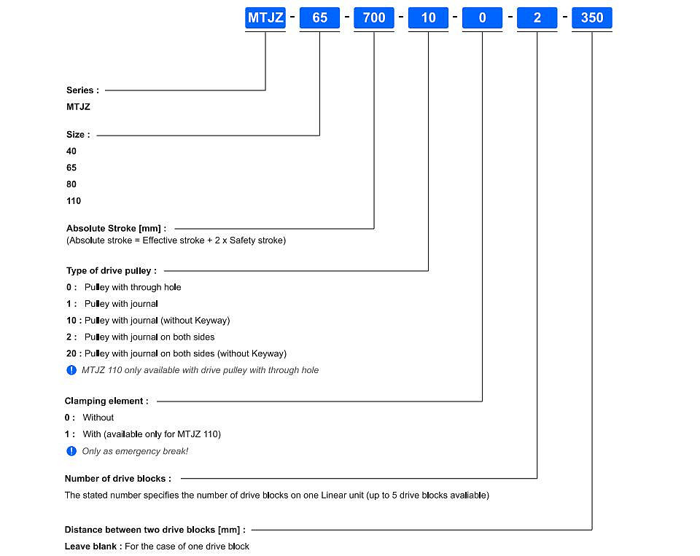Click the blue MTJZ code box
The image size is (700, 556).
[x=265, y=17]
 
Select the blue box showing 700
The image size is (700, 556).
[x=374, y=17]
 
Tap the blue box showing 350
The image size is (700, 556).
[x=592, y=17]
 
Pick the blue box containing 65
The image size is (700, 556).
[x=319, y=17]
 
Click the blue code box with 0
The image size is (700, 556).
[x=482, y=17]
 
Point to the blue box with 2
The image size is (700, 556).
[x=537, y=17]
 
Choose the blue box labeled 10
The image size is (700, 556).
[x=428, y=17]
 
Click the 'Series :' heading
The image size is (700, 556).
[x=82, y=90]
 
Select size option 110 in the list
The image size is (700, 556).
[x=74, y=201]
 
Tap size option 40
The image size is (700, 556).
[x=71, y=152]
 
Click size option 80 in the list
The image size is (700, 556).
[x=71, y=184]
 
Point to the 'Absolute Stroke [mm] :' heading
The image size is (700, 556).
[x=116, y=229]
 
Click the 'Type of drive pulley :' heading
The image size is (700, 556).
[x=112, y=271]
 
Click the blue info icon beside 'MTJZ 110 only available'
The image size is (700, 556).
[x=71, y=370]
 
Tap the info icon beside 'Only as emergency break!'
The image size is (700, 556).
[x=71, y=451]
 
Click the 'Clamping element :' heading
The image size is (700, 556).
[x=106, y=401]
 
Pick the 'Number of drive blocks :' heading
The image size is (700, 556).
[x=118, y=479]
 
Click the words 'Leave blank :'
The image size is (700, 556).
[x=93, y=547]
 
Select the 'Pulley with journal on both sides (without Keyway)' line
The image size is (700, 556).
[x=176, y=353]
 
